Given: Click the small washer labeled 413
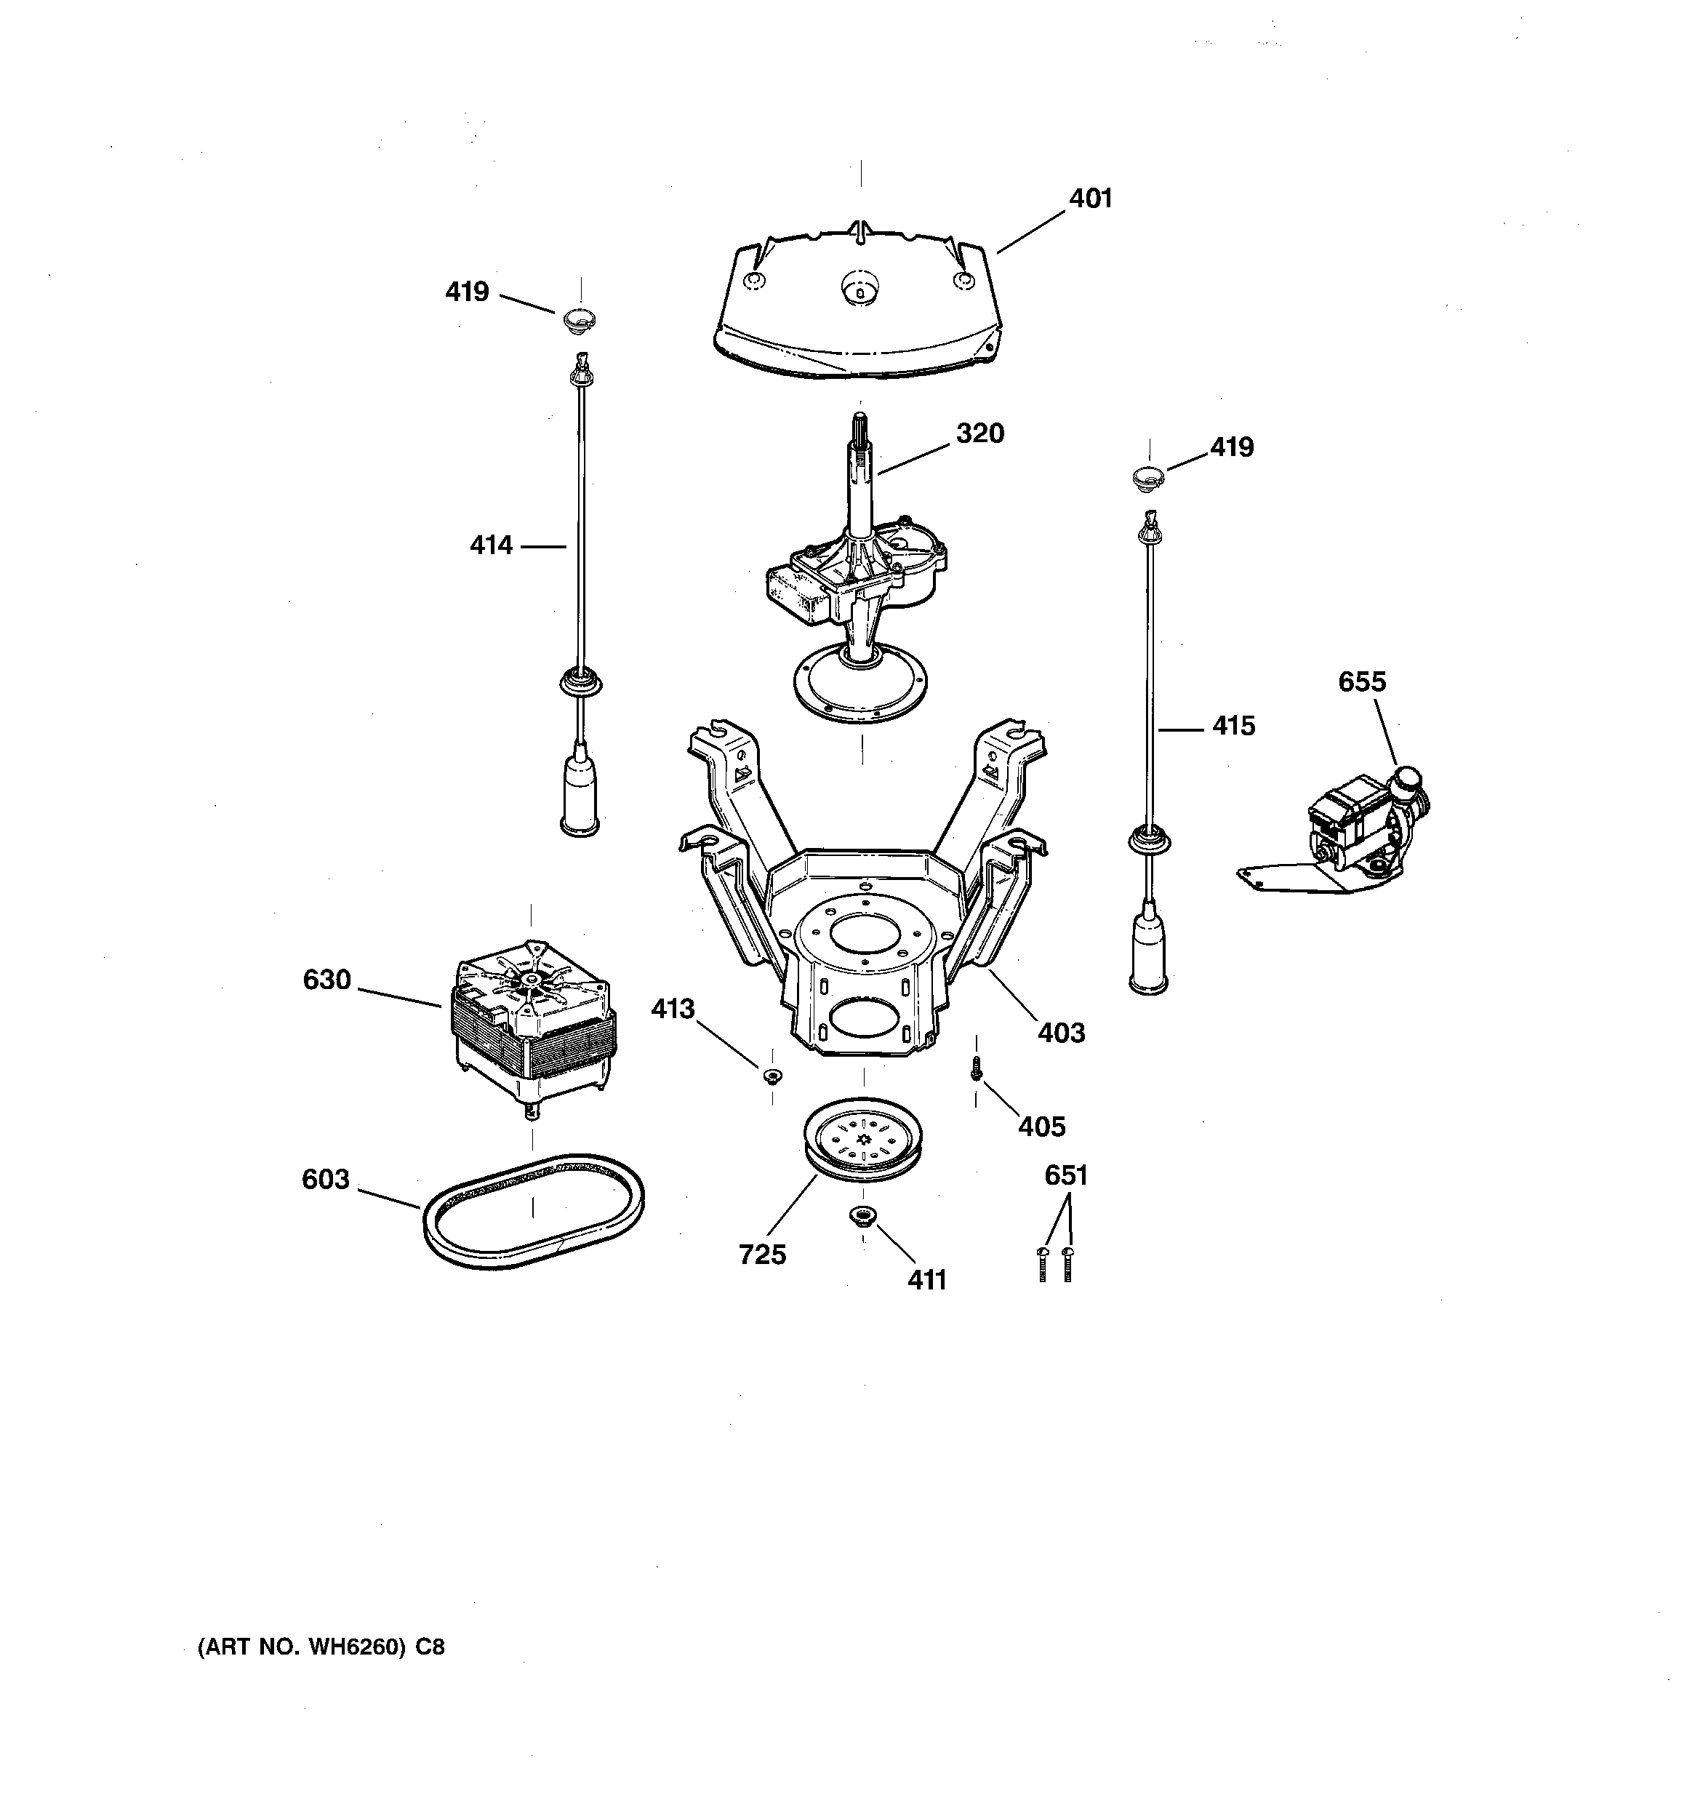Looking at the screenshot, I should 772,1075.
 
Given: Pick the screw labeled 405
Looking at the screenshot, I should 975,1068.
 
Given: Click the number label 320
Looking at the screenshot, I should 979,433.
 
